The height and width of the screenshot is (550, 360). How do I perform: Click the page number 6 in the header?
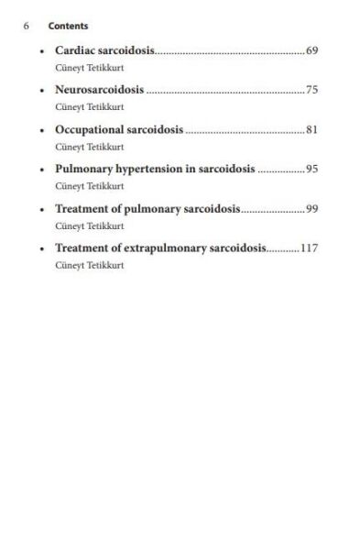click(x=27, y=26)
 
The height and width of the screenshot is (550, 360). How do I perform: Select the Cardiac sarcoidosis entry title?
click(x=104, y=49)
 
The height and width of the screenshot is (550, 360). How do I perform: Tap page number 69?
click(x=311, y=49)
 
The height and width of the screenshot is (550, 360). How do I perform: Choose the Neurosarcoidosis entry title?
click(x=100, y=90)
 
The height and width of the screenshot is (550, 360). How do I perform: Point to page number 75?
click(x=311, y=90)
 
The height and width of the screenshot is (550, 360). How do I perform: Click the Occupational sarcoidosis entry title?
click(x=119, y=129)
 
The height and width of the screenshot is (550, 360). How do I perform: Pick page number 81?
click(x=311, y=129)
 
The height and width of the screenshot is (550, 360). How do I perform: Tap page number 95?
click(x=311, y=170)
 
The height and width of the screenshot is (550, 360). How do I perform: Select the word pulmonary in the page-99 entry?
click(x=154, y=209)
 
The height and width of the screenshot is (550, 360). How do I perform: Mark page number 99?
click(x=311, y=209)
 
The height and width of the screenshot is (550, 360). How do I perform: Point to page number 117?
click(x=309, y=248)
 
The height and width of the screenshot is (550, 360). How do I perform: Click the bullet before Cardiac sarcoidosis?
click(x=43, y=50)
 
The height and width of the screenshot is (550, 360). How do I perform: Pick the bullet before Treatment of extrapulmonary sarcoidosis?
click(x=43, y=249)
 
